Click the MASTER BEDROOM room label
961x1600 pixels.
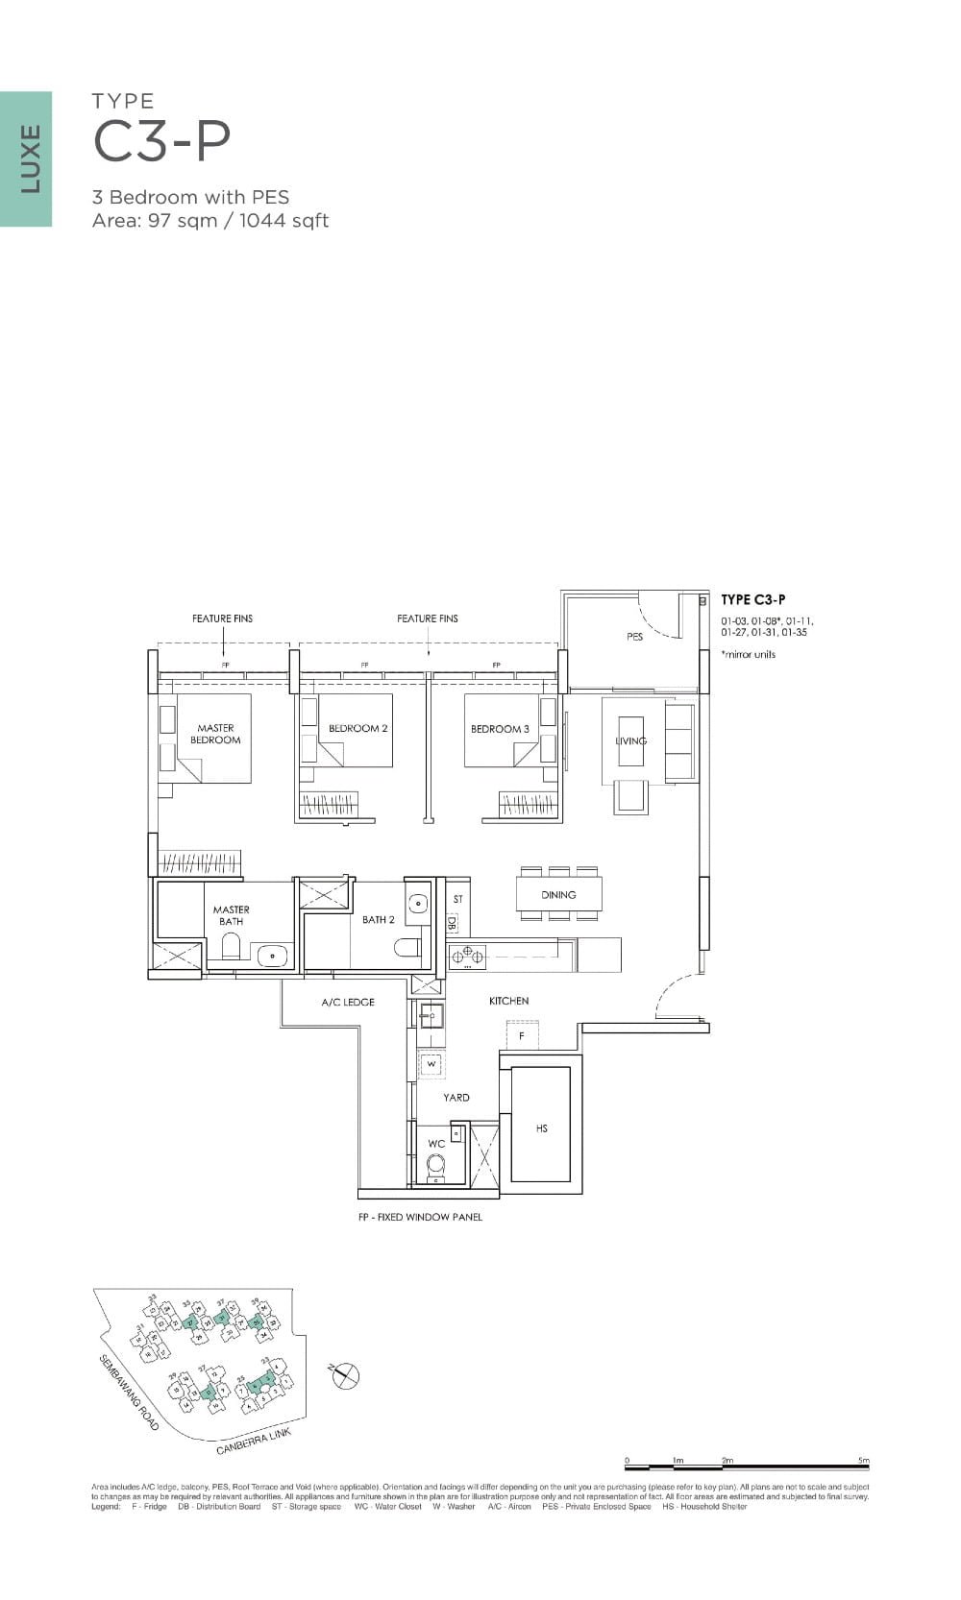pos(215,734)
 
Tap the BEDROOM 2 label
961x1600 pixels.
pos(357,728)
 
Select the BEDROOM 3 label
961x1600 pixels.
pos(500,729)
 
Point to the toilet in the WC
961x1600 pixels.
pos(436,1166)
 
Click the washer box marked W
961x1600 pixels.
pos(431,1064)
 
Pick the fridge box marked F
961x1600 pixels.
pos(522,1036)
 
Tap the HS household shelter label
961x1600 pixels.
pos(541,1128)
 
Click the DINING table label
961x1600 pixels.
pos(558,894)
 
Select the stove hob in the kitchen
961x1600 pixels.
pos(468,956)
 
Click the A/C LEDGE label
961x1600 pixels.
pos(348,1002)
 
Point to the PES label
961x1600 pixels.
pos(634,637)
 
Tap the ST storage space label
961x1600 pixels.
pos(458,899)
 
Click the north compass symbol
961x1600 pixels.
pos(346,1375)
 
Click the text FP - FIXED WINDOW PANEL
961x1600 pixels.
pos(419,1217)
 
